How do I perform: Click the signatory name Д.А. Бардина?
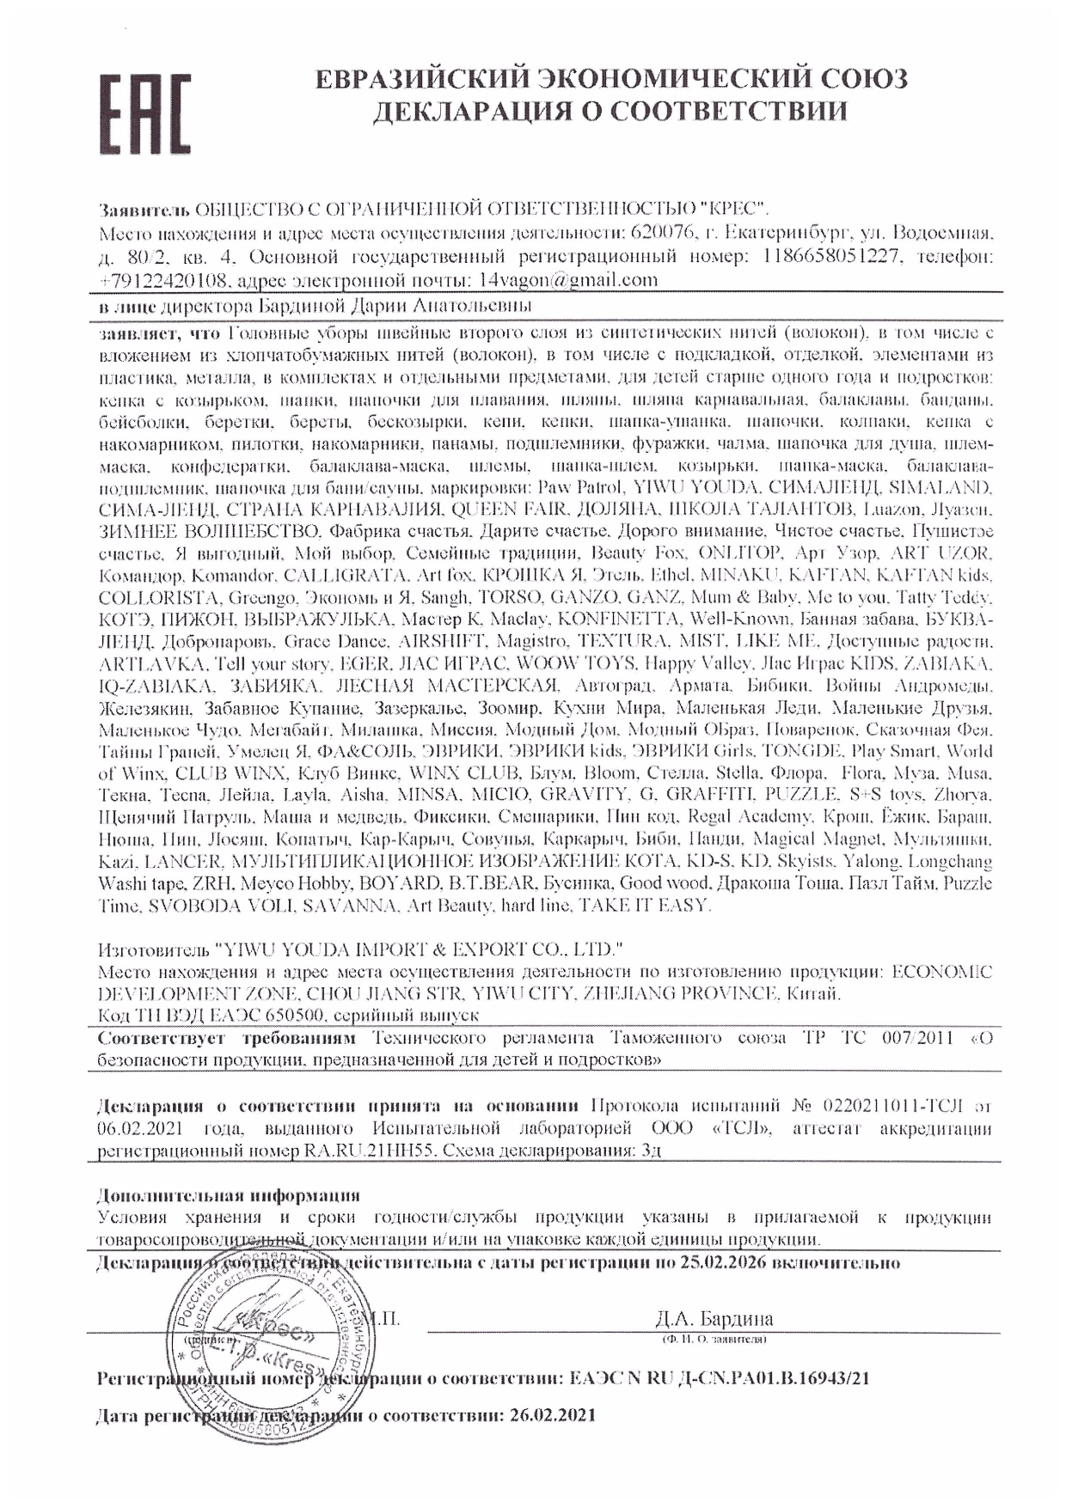714,1319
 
